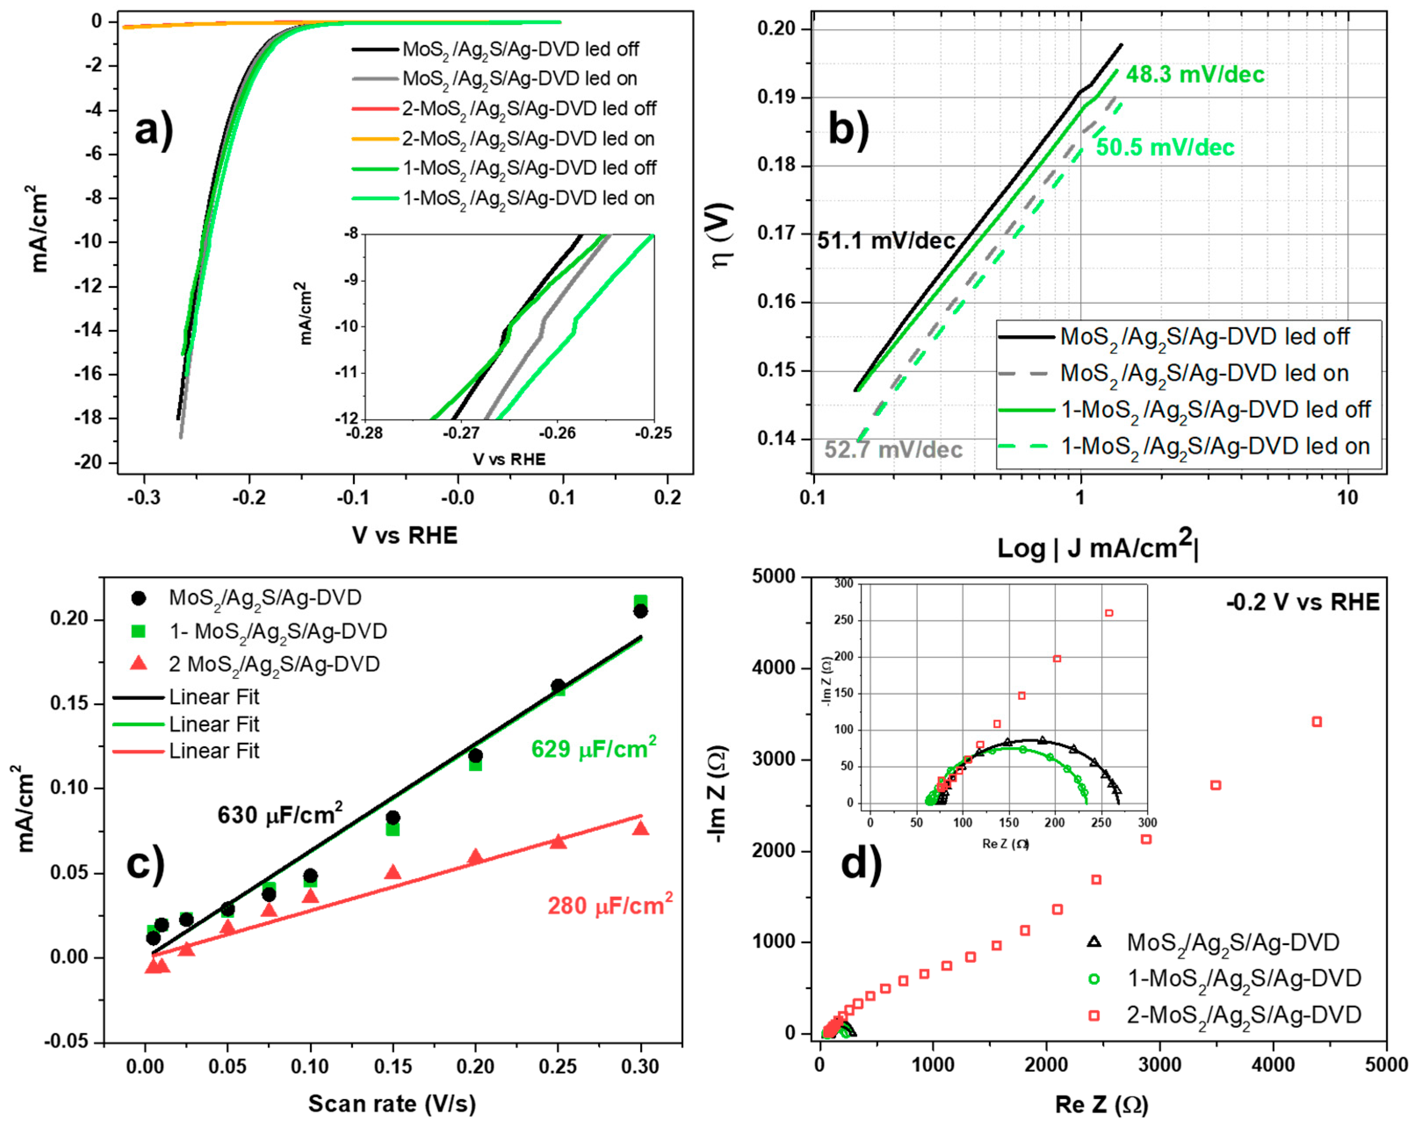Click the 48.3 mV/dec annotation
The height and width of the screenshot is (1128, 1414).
(1195, 75)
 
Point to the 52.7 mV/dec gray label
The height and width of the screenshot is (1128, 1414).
(893, 450)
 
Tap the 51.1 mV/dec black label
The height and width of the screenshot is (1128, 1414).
(886, 241)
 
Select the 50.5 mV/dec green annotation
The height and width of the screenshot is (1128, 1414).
(1165, 147)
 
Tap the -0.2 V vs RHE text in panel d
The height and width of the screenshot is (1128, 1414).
(1302, 602)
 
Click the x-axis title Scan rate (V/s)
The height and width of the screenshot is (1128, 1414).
(392, 1104)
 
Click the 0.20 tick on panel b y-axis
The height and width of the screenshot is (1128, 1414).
(776, 29)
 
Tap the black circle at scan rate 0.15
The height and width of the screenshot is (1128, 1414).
(393, 817)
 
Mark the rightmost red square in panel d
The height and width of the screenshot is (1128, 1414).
(1316, 722)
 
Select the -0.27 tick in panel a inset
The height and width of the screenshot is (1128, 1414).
(461, 433)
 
